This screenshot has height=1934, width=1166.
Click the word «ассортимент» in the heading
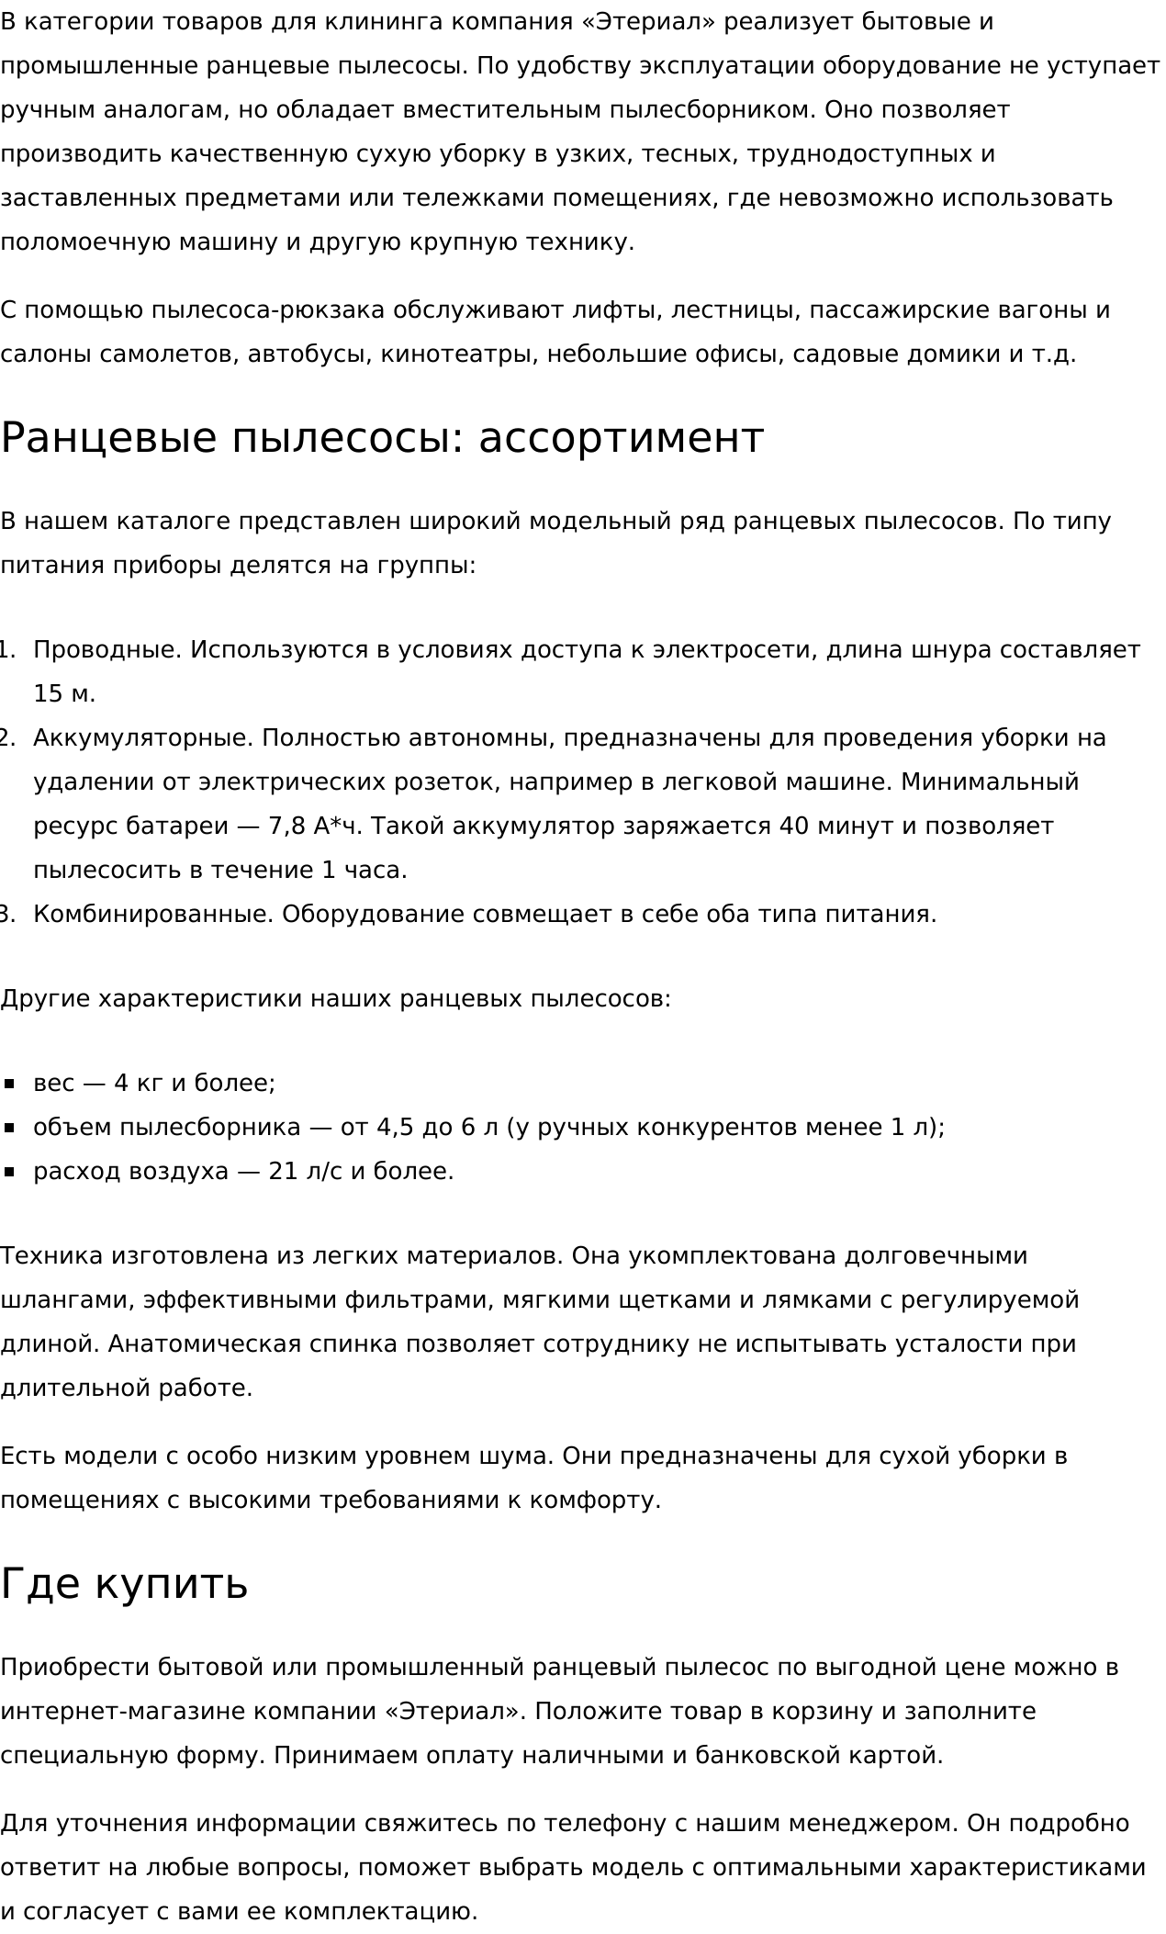coord(621,438)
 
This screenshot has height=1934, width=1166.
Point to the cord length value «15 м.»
coord(64,694)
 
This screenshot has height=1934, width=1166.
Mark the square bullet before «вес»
coord(10,1085)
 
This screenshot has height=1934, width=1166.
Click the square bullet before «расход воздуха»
coord(10,1173)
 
